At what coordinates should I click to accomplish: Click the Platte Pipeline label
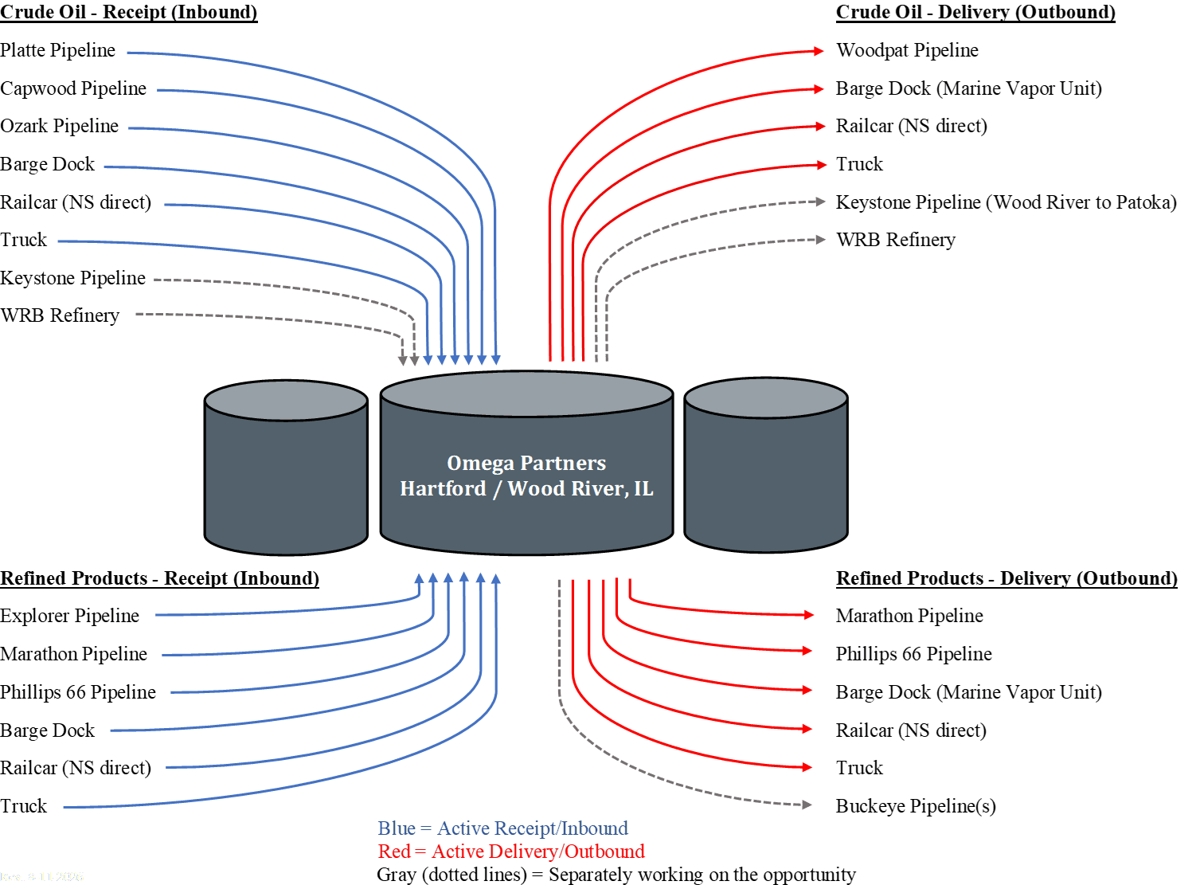click(x=57, y=50)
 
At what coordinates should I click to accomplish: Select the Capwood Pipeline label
click(x=73, y=88)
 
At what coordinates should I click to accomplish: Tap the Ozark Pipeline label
click(x=59, y=127)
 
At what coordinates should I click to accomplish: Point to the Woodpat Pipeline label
click(x=907, y=50)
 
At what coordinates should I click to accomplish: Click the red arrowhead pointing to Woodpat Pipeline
click(x=819, y=51)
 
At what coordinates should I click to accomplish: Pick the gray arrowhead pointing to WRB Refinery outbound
click(x=820, y=240)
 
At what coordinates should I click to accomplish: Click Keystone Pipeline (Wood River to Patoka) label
click(x=1006, y=202)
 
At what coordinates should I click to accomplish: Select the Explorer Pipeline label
click(x=69, y=616)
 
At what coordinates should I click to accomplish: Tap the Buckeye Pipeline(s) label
click(x=916, y=806)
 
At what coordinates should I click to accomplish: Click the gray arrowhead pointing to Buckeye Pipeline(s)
click(x=807, y=805)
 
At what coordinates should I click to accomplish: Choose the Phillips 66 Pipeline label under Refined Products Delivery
click(x=914, y=654)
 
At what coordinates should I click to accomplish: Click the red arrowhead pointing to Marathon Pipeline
click(x=808, y=615)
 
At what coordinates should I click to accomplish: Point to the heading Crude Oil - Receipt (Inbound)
click(x=129, y=13)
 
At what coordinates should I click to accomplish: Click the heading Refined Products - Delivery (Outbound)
click(x=1006, y=578)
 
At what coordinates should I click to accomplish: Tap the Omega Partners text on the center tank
click(x=526, y=464)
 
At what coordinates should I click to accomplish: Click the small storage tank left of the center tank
click(x=286, y=468)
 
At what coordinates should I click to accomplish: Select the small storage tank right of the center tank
click(x=766, y=465)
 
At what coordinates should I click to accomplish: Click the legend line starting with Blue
click(x=502, y=828)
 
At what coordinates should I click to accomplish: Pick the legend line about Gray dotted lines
click(x=616, y=874)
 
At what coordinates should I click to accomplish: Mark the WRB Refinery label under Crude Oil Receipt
click(x=60, y=315)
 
